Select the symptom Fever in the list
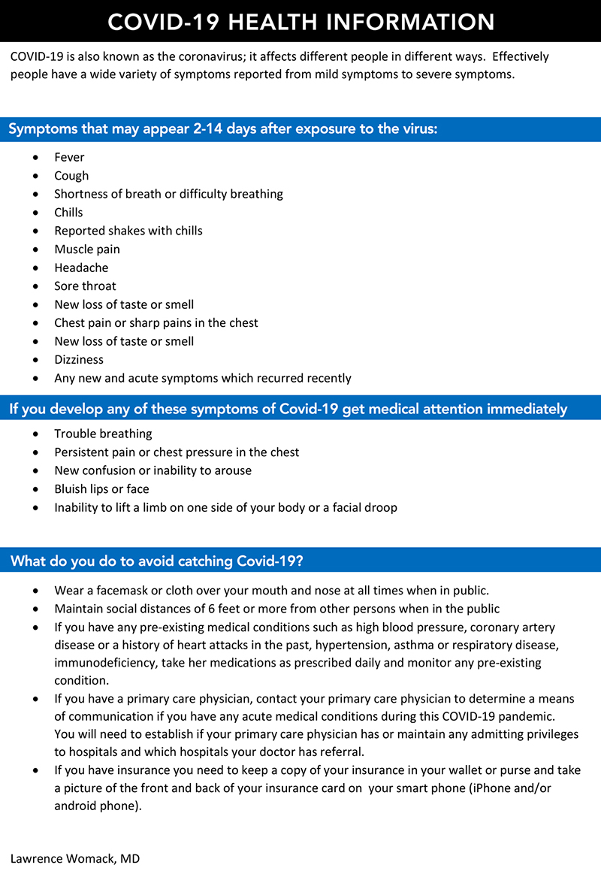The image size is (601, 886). [69, 157]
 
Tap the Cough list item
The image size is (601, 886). [71, 176]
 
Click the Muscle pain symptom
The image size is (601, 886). [87, 249]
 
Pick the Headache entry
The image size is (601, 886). [81, 268]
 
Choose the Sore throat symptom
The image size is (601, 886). [85, 286]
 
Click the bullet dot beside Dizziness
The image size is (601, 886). [36, 360]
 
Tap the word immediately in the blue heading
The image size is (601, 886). [527, 409]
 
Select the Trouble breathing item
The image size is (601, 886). [103, 434]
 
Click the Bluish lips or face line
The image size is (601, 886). [101, 489]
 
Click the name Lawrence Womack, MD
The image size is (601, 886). [75, 857]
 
